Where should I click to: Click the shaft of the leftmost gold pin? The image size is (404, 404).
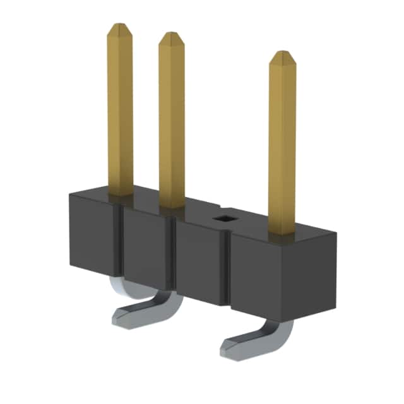pyautogui.click(x=120, y=114)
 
